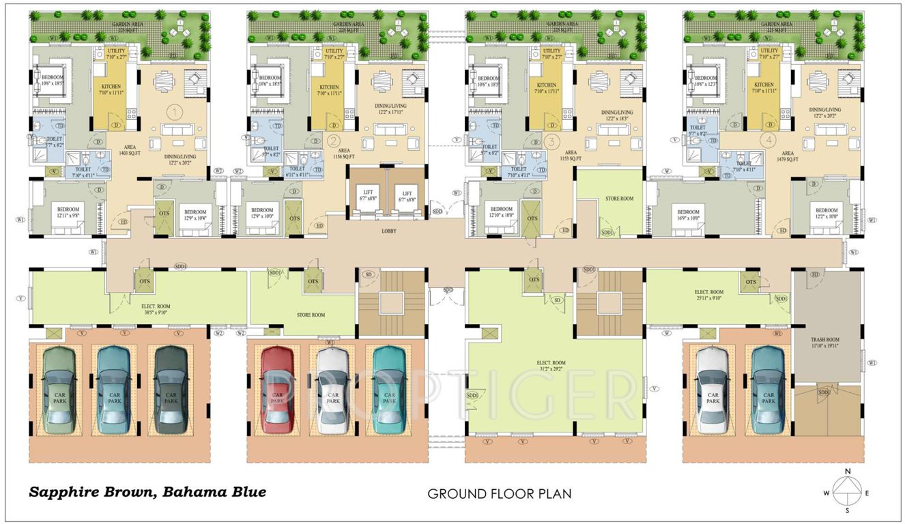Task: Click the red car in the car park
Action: click(277, 389)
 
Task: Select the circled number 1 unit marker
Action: click(176, 111)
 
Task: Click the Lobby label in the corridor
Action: click(390, 231)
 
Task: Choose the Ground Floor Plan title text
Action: click(499, 493)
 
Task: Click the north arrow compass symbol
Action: click(848, 490)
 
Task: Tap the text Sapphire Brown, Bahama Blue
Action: click(147, 491)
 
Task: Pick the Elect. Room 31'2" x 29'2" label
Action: click(554, 366)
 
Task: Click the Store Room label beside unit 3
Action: click(619, 199)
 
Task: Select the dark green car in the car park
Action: click(170, 389)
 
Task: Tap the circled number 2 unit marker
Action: click(333, 142)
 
